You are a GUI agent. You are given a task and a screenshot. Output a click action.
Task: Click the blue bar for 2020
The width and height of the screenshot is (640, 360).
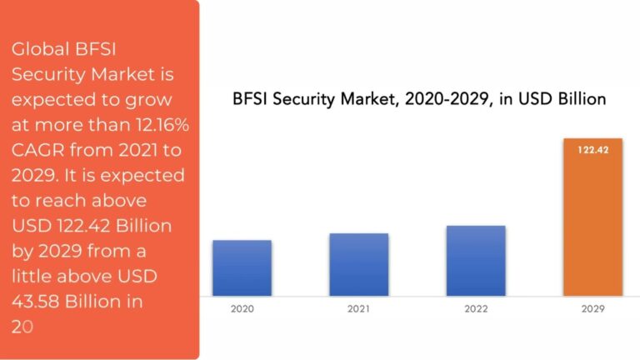point(242,267)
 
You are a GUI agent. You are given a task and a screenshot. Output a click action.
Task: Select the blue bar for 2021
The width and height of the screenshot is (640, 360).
point(358,264)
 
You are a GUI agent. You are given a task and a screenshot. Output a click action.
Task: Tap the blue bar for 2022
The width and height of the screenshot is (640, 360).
point(476,261)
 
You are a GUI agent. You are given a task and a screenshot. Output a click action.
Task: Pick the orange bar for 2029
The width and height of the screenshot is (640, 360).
point(592,217)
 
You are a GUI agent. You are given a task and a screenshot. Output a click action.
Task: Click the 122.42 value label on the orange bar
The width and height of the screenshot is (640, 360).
point(592,151)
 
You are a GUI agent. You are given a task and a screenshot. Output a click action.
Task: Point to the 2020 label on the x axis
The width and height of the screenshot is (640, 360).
point(242,307)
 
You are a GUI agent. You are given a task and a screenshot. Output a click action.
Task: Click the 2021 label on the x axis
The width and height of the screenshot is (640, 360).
point(358,307)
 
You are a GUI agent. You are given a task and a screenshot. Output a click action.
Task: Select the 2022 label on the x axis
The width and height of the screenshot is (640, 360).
point(476,307)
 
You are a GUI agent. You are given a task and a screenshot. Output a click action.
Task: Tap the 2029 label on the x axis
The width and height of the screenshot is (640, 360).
point(592,307)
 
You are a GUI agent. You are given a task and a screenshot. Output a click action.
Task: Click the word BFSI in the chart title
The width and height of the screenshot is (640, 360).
point(252,99)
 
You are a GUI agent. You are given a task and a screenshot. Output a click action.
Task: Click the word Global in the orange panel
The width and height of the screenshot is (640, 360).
point(36,50)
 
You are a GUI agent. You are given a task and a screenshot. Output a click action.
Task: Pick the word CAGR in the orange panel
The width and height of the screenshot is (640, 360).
point(36,151)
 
